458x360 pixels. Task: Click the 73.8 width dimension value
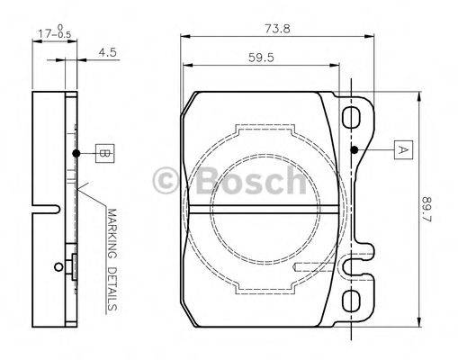coord(277,27)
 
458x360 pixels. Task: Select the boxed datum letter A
coord(403,149)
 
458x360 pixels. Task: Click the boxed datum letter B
coord(104,154)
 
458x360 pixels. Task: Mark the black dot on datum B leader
coord(77,154)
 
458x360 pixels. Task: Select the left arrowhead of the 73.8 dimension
coord(184,36)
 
